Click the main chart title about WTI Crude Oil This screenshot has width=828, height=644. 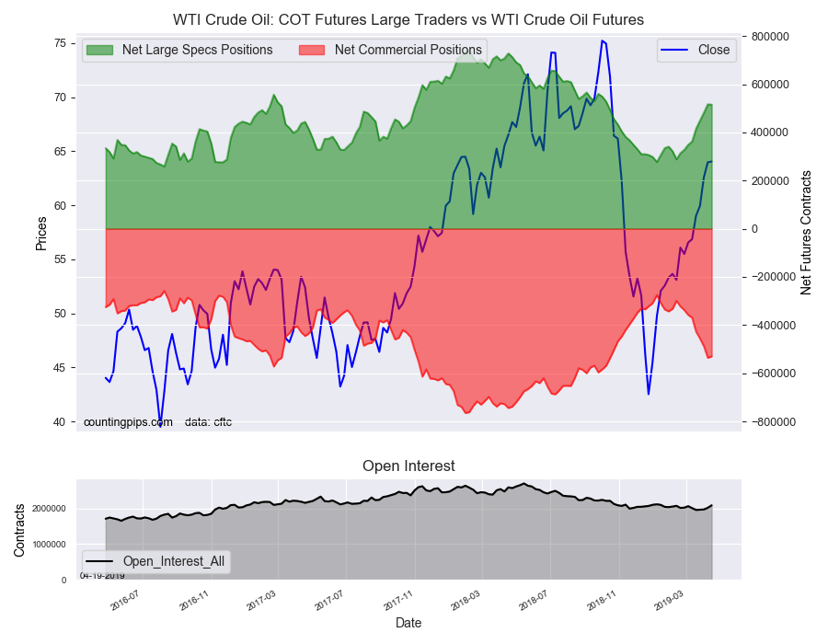[x=408, y=19]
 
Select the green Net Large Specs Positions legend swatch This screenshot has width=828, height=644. [x=100, y=50]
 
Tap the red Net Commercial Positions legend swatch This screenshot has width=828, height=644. [x=313, y=50]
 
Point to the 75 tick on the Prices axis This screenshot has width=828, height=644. [x=57, y=43]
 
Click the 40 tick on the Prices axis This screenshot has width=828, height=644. [x=57, y=422]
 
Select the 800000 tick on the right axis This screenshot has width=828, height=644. [x=769, y=37]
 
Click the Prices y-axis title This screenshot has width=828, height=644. [x=41, y=233]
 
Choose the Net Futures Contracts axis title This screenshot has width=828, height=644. [x=806, y=232]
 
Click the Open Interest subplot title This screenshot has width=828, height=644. [x=408, y=466]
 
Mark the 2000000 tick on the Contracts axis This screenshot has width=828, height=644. [x=51, y=509]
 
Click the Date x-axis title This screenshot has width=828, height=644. [x=408, y=623]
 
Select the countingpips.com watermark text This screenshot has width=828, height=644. [x=128, y=422]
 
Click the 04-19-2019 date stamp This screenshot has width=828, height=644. [x=102, y=576]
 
